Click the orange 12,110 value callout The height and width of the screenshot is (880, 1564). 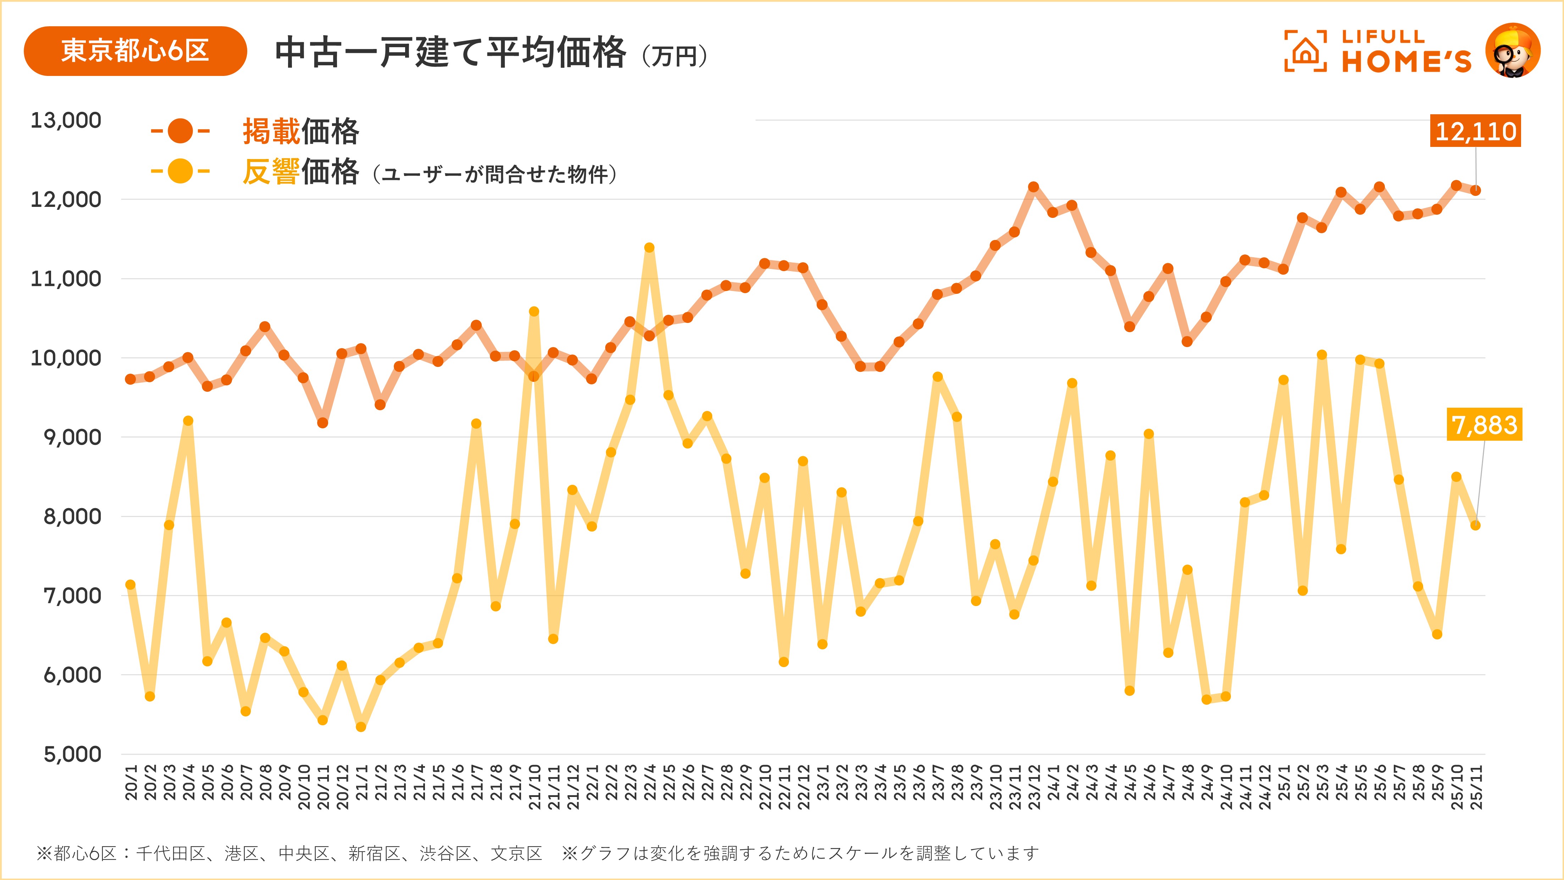[1475, 131]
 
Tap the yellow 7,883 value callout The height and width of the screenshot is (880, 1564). [1484, 424]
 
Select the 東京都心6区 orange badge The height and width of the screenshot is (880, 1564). [135, 51]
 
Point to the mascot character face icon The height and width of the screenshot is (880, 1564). [1513, 51]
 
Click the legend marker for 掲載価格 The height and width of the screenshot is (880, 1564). [180, 131]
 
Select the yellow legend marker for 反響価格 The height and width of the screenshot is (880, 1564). [180, 171]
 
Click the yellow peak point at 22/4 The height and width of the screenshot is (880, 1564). [649, 248]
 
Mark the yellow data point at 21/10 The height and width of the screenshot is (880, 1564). [534, 312]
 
